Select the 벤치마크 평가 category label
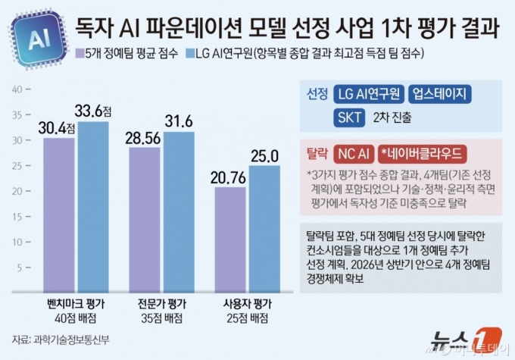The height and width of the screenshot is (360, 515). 74,303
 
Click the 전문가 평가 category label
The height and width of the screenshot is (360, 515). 161,303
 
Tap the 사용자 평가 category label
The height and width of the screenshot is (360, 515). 247,303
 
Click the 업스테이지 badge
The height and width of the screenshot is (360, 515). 439,94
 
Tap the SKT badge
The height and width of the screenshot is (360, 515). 348,117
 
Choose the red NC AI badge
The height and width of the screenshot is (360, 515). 353,153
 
